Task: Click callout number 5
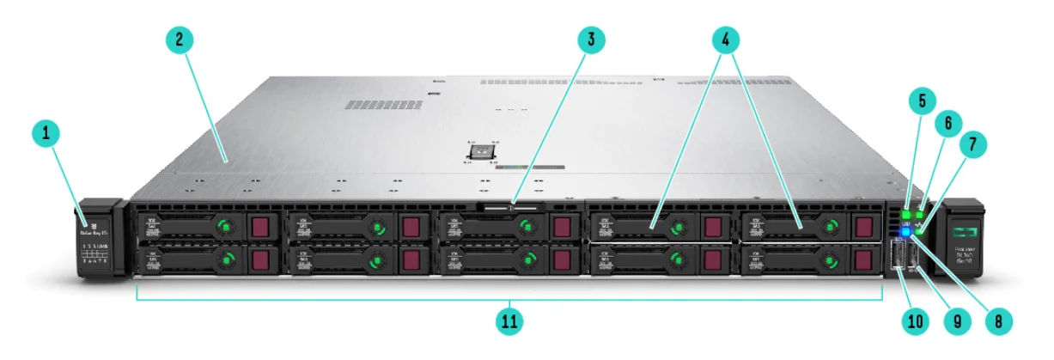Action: tap(922, 101)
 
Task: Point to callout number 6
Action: tap(947, 123)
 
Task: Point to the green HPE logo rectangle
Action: tap(965, 229)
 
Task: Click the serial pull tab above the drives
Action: tap(510, 206)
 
